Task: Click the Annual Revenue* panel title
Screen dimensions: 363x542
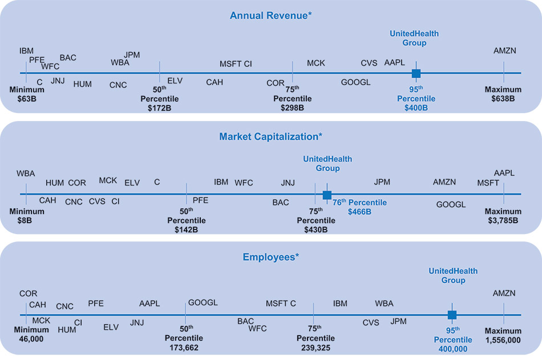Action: (x=270, y=15)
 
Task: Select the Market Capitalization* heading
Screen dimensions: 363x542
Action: (x=270, y=136)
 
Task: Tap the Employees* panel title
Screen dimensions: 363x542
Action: (x=270, y=257)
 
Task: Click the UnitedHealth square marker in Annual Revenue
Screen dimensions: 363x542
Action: (x=416, y=73)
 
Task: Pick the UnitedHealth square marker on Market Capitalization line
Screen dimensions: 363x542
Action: (x=327, y=195)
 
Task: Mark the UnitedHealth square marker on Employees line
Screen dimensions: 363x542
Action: (x=452, y=315)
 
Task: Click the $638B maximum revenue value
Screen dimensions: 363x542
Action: (x=503, y=99)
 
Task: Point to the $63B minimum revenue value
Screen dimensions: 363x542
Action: (x=27, y=99)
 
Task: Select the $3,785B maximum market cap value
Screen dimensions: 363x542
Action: (x=503, y=221)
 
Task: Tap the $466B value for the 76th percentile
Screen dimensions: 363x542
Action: (x=359, y=212)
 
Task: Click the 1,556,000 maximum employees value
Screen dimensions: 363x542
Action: (x=503, y=340)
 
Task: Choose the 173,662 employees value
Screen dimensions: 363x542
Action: (x=184, y=347)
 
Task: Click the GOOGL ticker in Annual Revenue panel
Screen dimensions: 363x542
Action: (x=355, y=82)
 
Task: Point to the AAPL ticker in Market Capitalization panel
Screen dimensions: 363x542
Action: (x=504, y=173)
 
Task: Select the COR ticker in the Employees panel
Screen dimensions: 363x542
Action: (x=28, y=294)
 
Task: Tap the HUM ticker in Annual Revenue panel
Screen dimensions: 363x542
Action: (x=82, y=84)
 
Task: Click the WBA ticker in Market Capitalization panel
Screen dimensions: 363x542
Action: (x=26, y=174)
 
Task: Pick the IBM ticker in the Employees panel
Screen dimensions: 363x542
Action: (x=340, y=304)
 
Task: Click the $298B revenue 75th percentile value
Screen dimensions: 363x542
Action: (x=292, y=108)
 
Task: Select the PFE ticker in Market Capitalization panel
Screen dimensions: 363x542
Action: (x=200, y=200)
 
